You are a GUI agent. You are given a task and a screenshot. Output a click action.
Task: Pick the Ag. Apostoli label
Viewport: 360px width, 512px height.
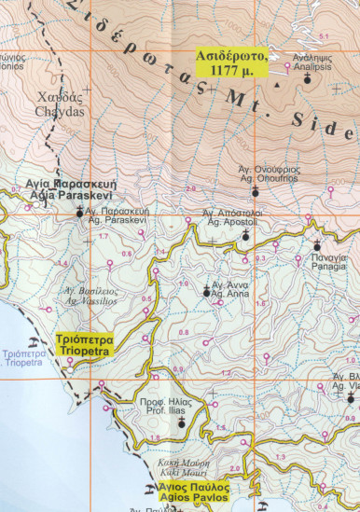point(232,218)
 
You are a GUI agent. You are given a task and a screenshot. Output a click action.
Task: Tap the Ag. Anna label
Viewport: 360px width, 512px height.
point(228,289)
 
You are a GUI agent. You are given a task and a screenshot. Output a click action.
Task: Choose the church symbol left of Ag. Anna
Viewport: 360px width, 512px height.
point(206,292)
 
